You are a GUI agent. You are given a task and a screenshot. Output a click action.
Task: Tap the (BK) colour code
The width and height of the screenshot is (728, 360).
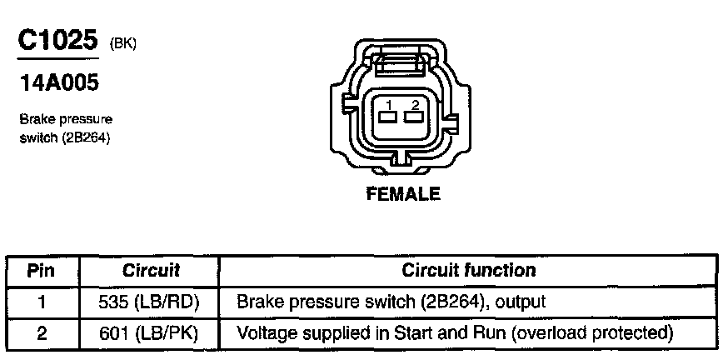(x=122, y=45)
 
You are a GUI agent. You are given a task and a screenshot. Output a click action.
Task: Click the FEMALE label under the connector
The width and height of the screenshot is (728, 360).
(x=403, y=195)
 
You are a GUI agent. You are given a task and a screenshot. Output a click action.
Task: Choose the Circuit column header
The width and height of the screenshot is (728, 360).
(x=151, y=270)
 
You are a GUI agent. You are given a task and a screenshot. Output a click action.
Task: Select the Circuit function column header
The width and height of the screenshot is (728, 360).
(x=468, y=270)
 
